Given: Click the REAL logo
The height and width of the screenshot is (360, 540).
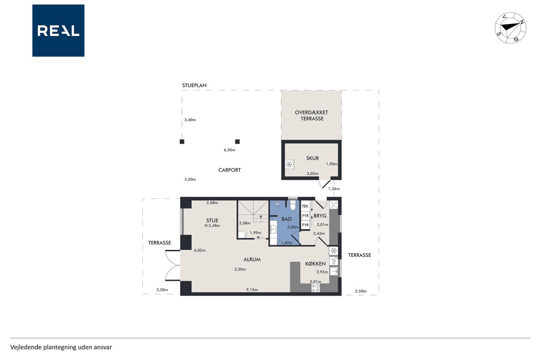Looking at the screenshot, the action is pyautogui.click(x=58, y=31).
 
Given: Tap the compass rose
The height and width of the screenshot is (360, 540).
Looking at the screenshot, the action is pyautogui.click(x=510, y=28).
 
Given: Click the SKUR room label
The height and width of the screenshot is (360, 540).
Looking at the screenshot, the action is pyautogui.click(x=313, y=158).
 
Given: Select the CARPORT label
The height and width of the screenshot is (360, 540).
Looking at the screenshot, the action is pyautogui.click(x=229, y=170).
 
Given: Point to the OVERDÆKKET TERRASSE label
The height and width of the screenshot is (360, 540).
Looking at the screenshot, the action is pyautogui.click(x=311, y=116).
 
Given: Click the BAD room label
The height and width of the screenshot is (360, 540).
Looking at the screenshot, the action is pyautogui.click(x=286, y=219).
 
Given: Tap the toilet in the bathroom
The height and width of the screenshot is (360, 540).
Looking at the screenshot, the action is pyautogui.click(x=293, y=205).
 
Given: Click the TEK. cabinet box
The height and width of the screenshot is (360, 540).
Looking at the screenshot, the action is pyautogui.click(x=305, y=206).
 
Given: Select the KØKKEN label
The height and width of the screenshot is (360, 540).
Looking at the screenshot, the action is pyautogui.click(x=315, y=264).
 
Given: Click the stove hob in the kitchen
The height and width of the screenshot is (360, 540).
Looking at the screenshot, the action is pyautogui.click(x=316, y=288).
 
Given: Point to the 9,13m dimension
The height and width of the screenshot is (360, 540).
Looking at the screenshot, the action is pyautogui.click(x=252, y=290).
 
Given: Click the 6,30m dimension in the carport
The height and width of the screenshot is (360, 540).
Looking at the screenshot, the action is pyautogui.click(x=229, y=150).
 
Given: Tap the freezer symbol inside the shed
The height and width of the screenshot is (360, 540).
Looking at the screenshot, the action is pyautogui.click(x=289, y=165).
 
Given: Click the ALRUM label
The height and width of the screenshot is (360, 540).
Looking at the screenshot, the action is pyautogui.click(x=252, y=260).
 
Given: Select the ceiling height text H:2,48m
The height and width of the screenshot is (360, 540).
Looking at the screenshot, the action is pyautogui.click(x=212, y=226).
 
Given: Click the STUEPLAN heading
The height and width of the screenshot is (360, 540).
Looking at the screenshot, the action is pyautogui.click(x=194, y=85).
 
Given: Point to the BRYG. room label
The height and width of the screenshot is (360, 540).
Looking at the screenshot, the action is pyautogui.click(x=320, y=216).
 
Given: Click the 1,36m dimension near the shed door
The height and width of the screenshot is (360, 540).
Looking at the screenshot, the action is pyautogui.click(x=334, y=189).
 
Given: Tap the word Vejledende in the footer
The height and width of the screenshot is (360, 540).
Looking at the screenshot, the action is pyautogui.click(x=26, y=347).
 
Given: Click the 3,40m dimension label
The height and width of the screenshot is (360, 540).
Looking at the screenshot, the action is pyautogui.click(x=190, y=120).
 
